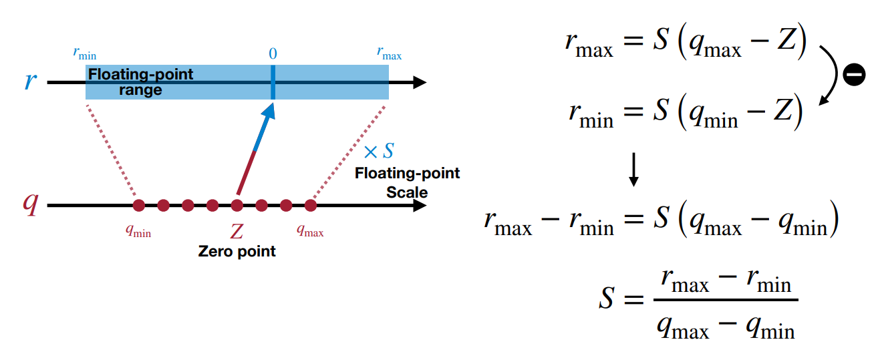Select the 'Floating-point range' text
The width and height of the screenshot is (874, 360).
click(x=140, y=81)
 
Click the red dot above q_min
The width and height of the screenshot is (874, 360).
click(x=139, y=205)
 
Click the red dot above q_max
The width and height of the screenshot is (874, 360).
click(x=310, y=205)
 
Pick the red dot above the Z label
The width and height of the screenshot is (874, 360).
click(x=237, y=205)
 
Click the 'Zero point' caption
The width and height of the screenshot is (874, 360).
click(x=237, y=252)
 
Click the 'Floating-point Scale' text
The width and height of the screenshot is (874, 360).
click(x=407, y=182)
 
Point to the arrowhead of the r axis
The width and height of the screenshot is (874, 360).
click(x=420, y=83)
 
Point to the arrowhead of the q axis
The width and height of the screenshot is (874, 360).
click(x=420, y=205)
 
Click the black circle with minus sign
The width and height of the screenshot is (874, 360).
click(x=853, y=75)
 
